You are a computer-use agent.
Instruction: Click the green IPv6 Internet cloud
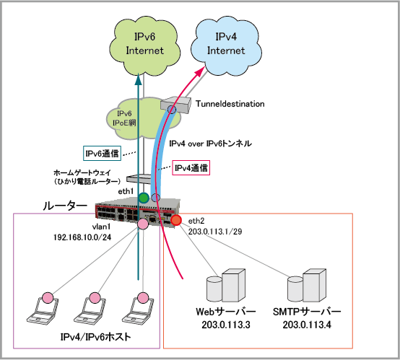[144, 46]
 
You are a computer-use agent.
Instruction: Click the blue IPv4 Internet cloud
[226, 46]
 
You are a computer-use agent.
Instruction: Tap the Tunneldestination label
[230, 104]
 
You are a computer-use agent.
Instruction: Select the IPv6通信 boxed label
[102, 154]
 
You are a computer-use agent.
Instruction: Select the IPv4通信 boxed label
[191, 168]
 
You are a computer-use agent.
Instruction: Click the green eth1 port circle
[144, 198]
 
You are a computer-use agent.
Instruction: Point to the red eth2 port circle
[176, 220]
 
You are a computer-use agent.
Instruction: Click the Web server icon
[225, 285]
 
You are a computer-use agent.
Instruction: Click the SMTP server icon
[307, 285]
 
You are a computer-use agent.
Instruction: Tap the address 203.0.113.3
[226, 325]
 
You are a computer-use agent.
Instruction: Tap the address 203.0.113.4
[307, 325]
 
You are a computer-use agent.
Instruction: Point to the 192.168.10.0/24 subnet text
[82, 237]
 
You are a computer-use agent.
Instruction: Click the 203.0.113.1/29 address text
[215, 232]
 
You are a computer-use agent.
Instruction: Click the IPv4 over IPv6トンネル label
[210, 144]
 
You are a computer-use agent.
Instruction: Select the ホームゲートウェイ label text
[82, 173]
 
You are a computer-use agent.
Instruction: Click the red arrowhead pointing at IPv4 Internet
[200, 71]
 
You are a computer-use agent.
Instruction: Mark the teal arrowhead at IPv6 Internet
[138, 79]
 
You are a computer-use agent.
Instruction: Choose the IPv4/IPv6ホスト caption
[95, 337]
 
